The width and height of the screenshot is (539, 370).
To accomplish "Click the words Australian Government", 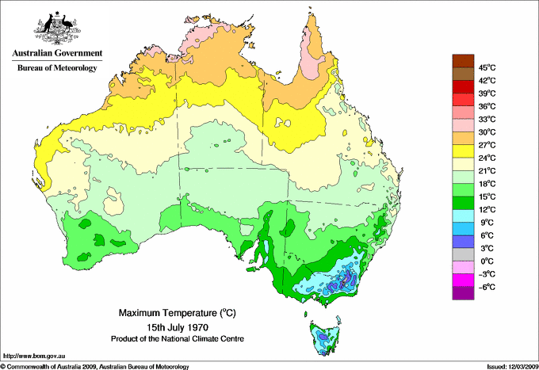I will [x=57, y=54].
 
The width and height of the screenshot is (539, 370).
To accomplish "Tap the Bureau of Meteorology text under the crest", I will [x=57, y=68].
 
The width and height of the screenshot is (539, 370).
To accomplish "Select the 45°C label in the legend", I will [x=487, y=67].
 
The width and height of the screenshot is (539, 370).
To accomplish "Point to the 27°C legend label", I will [x=487, y=145].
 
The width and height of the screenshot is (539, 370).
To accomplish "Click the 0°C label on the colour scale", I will [x=487, y=261].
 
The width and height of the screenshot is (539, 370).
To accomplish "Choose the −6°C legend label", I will [x=487, y=287].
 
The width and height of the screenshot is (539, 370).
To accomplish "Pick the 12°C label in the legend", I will [x=487, y=209].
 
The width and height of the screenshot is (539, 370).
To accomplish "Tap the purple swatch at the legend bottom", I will [x=461, y=293].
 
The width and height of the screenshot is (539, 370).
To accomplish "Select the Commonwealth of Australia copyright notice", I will [x=95, y=365].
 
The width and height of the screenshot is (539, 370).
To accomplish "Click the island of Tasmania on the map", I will [x=323, y=336].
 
